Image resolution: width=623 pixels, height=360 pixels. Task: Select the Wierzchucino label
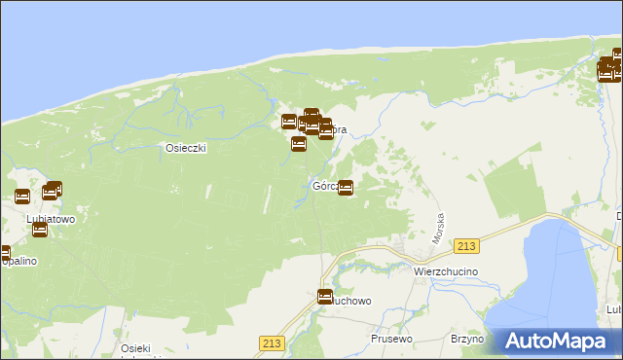(x=442, y=271)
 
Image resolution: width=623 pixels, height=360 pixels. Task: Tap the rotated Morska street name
(x=439, y=229)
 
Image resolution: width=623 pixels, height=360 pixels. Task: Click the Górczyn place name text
(x=325, y=186)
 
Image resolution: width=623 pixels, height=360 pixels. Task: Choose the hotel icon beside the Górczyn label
(x=346, y=187)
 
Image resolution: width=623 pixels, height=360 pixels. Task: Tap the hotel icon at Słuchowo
(x=325, y=296)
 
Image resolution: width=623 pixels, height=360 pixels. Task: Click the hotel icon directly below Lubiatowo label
(x=40, y=230)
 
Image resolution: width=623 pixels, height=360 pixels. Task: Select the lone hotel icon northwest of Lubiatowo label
(x=22, y=196)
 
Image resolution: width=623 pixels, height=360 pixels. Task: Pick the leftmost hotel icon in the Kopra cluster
(x=289, y=122)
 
